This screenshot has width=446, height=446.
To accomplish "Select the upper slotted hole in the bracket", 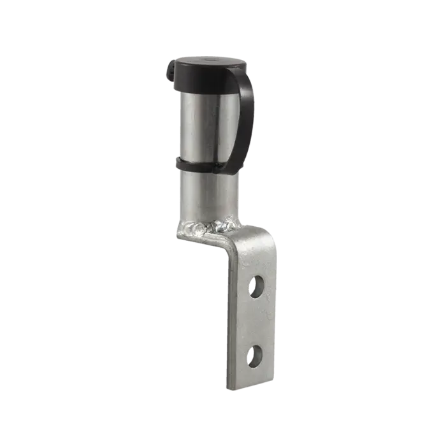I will (x=257, y=287).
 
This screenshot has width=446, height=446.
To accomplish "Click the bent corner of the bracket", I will (x=231, y=245).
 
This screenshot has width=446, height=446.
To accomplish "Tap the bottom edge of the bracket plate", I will (x=250, y=389).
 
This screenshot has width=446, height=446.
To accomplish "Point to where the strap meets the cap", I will (x=245, y=76).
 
